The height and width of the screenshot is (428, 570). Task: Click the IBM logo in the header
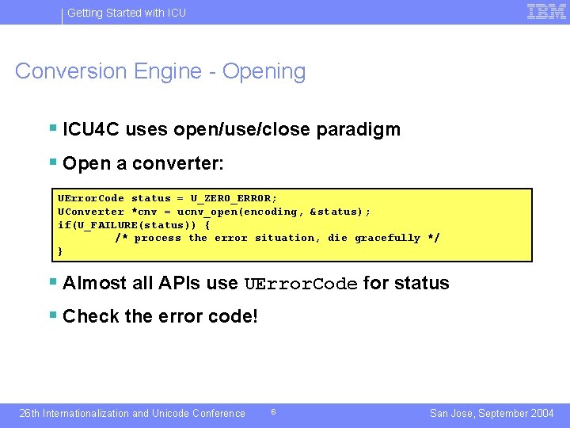click(x=546, y=12)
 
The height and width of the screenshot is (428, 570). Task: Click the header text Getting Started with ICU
click(x=127, y=13)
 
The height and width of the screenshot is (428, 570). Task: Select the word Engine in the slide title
click(x=169, y=71)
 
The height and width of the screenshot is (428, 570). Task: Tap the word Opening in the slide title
click(x=264, y=71)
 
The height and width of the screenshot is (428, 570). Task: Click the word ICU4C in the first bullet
click(x=91, y=129)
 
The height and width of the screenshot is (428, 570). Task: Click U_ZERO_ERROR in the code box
click(x=234, y=198)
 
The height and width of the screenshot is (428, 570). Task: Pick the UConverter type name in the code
click(x=91, y=212)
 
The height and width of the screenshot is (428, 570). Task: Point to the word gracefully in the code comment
click(x=387, y=238)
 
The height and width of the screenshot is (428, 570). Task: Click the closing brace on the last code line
click(x=61, y=251)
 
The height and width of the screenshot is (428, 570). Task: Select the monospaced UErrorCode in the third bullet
click(x=301, y=284)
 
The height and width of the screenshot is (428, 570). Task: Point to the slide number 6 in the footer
click(x=273, y=412)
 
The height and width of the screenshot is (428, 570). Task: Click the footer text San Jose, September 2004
click(x=492, y=413)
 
